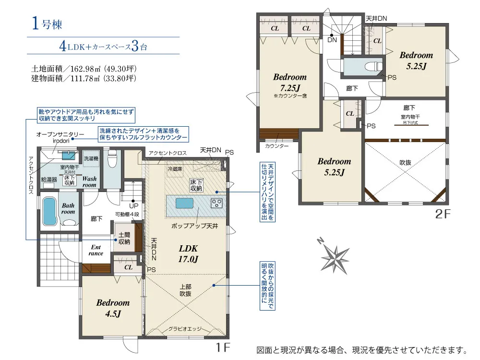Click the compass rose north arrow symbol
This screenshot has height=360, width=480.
(x=335, y=258)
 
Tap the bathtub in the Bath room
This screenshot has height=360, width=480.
(x=49, y=211)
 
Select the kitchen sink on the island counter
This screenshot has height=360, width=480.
(x=184, y=203)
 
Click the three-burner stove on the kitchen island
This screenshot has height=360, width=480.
(x=216, y=203)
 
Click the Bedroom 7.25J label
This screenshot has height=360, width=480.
(x=290, y=83)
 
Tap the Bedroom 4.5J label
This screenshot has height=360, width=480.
(x=113, y=308)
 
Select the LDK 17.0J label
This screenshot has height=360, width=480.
(x=188, y=254)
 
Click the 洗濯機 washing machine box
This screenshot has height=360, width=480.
(x=91, y=158)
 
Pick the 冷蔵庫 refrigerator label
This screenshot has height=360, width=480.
(x=175, y=168)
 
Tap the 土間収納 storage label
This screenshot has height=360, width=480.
(x=124, y=238)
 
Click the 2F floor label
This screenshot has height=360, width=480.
(x=443, y=214)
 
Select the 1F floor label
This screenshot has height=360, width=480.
(x=223, y=348)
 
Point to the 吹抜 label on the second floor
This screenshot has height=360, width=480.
(x=405, y=163)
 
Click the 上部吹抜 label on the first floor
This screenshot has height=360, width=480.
(x=185, y=290)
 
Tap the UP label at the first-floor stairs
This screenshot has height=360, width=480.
(x=134, y=206)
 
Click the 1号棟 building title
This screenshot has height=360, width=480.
(x=47, y=24)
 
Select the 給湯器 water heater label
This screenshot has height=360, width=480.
(x=49, y=180)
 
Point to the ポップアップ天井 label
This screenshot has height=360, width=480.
(x=195, y=226)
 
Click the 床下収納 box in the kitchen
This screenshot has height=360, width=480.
(x=196, y=185)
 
